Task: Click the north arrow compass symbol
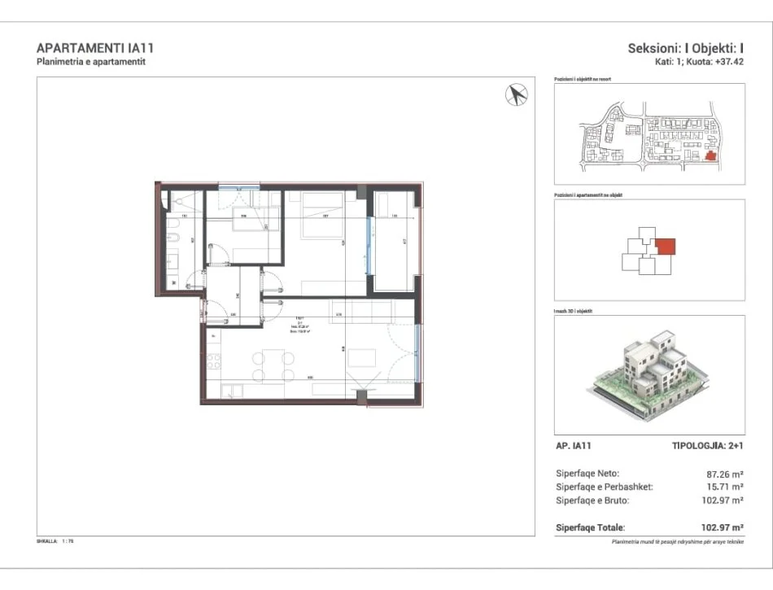(x=516, y=96)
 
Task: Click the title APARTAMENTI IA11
(x=90, y=48)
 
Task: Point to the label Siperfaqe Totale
(x=591, y=527)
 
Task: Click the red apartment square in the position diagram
(x=665, y=247)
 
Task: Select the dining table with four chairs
(x=272, y=365)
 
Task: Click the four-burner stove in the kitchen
(x=213, y=358)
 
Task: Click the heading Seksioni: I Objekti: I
(x=686, y=48)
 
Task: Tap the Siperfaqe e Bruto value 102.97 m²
(x=723, y=500)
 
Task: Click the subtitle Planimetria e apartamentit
(x=90, y=62)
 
